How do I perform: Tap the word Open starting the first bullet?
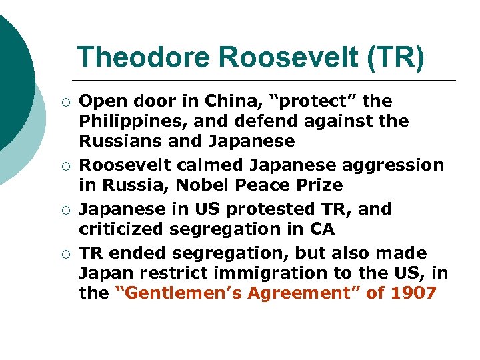click(98, 101)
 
